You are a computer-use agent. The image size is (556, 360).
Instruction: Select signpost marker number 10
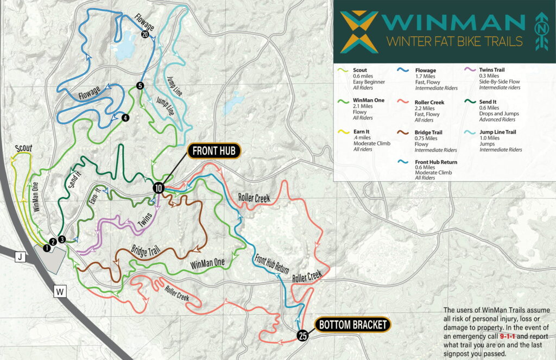pyautogui.click(x=158, y=188)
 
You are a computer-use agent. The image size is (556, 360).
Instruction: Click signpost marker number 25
pyautogui.click(x=303, y=337)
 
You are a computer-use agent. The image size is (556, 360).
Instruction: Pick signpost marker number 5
pyautogui.click(x=140, y=85)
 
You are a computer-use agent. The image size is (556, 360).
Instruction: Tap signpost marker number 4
pyautogui.click(x=125, y=117)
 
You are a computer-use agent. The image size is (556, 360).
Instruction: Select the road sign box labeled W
pyautogui.click(x=60, y=292)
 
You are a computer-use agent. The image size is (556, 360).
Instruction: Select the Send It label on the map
pyautogui.click(x=75, y=179)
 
